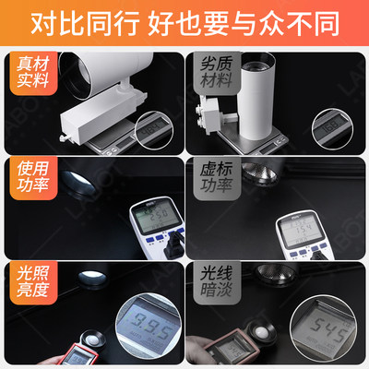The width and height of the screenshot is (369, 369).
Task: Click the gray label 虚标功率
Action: [214, 179]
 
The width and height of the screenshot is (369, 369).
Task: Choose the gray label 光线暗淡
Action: [214, 282]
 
